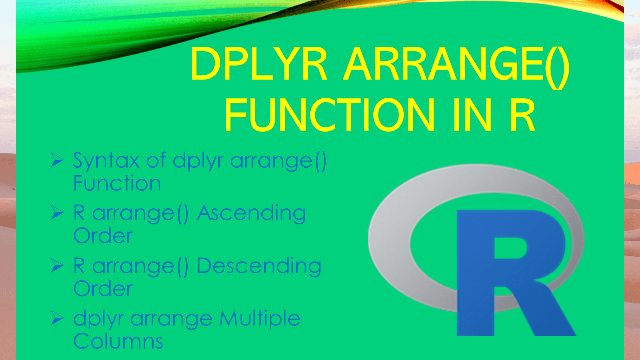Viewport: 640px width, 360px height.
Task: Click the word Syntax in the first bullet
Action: tap(102, 161)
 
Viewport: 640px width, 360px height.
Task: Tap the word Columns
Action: tap(118, 341)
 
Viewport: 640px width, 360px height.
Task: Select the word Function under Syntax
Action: tap(117, 183)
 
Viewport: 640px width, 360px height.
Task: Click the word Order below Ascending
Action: tap(103, 236)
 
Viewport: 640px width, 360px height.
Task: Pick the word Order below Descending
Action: tap(103, 288)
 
